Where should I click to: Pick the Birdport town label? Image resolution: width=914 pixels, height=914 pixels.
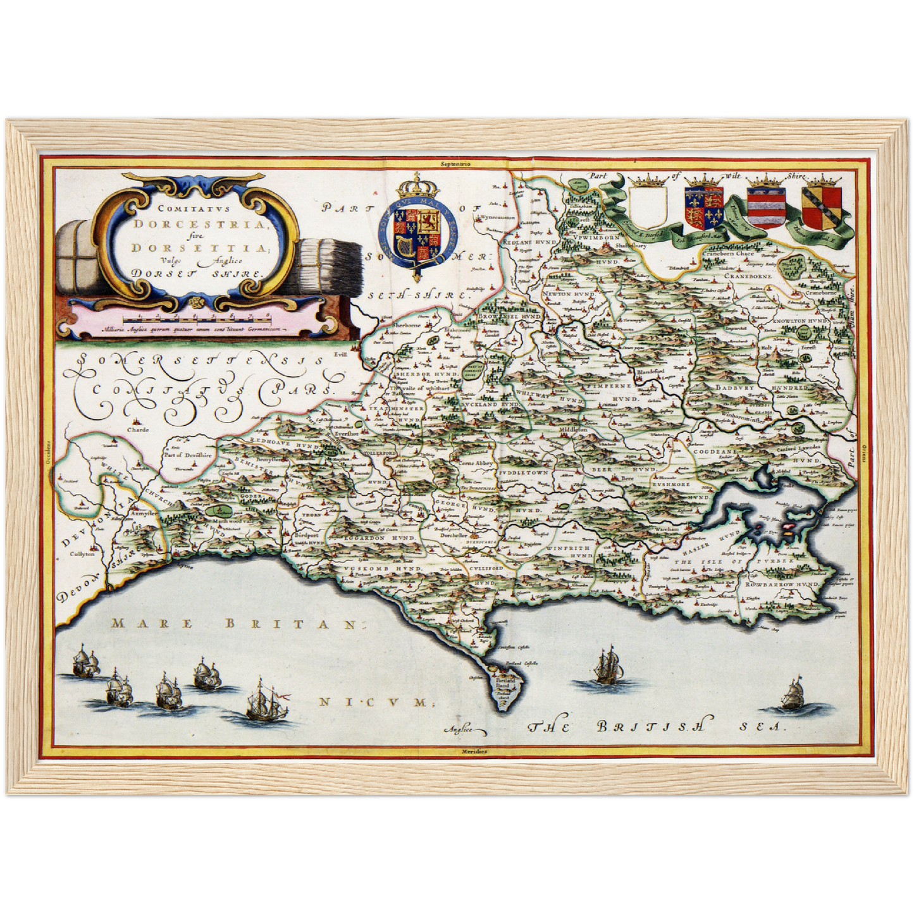pos(307,534)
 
